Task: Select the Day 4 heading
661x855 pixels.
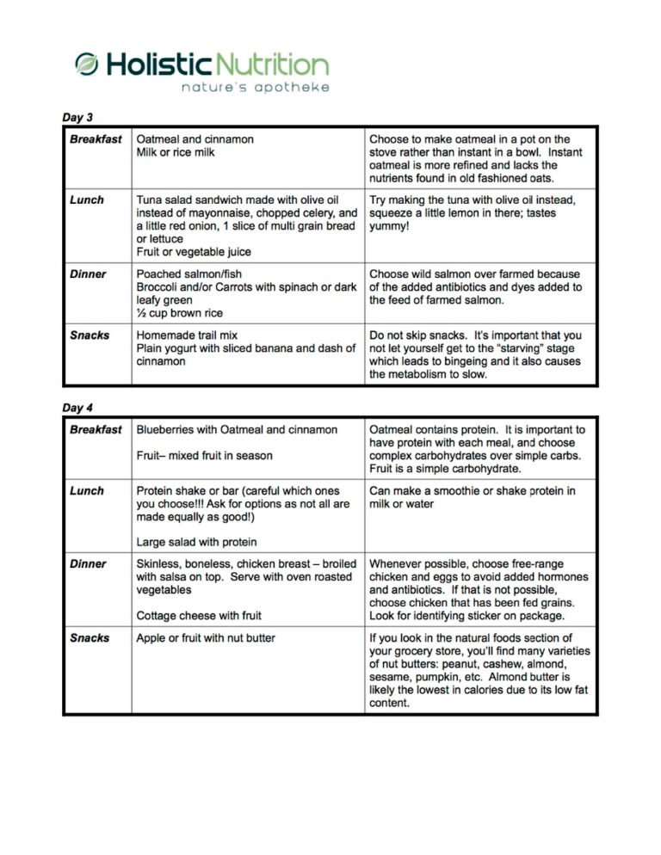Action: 77,408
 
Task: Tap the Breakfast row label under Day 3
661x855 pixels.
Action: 96,139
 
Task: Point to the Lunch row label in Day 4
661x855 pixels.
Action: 87,491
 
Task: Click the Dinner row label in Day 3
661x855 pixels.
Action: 88,274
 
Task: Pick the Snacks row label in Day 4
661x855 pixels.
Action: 90,638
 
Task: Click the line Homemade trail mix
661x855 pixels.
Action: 188,335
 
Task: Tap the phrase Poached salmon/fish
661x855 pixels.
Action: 188,274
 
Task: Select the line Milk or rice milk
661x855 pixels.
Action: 176,152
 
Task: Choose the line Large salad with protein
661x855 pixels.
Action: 196,542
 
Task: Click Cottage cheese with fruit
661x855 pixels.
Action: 199,616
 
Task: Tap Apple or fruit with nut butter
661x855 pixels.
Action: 207,638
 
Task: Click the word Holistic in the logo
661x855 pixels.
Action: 158,65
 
